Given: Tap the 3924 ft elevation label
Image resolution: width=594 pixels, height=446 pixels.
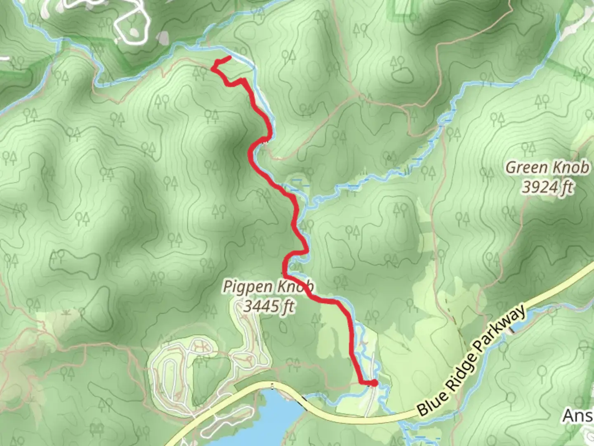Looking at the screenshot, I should pyautogui.click(x=547, y=187).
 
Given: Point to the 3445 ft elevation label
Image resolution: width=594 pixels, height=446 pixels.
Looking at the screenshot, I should pyautogui.click(x=269, y=306).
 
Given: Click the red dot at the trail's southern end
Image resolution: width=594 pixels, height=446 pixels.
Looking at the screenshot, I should pyautogui.click(x=374, y=384).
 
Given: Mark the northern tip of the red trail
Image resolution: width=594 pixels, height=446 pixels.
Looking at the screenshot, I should pyautogui.click(x=229, y=57).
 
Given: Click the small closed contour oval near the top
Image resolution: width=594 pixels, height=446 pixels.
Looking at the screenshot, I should pyautogui.click(x=402, y=75).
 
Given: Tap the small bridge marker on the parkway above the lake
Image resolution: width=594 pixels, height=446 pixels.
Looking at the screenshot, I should pyautogui.click(x=272, y=386).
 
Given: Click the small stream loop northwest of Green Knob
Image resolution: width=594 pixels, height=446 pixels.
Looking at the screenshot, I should pyautogui.click(x=445, y=120).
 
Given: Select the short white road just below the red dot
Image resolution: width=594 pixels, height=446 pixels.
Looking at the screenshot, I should pyautogui.click(x=370, y=403).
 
